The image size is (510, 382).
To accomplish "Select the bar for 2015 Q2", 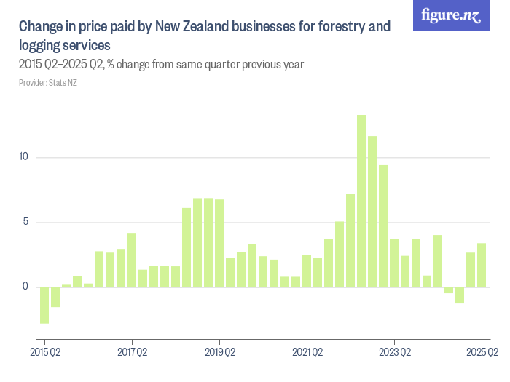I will click(x=44, y=305).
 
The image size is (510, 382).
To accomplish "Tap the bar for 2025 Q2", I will click(x=482, y=265).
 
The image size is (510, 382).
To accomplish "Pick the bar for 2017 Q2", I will click(x=132, y=260).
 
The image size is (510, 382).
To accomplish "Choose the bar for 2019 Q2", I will click(x=219, y=243).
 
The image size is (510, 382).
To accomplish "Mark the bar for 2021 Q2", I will click(x=307, y=271).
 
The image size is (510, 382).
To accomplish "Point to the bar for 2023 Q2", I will click(x=394, y=263).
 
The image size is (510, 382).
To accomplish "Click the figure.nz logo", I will click(x=451, y=15).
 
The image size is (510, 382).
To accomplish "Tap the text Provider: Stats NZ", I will click(x=47, y=83).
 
